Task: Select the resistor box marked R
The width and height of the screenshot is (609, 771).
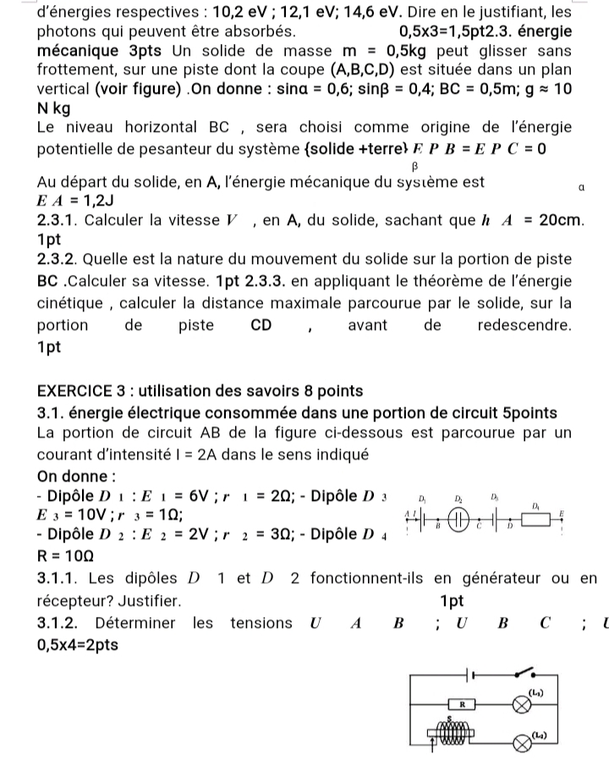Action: point(462,703)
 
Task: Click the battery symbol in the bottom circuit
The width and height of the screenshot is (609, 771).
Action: point(470,674)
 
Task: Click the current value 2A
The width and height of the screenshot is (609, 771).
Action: point(209,454)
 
